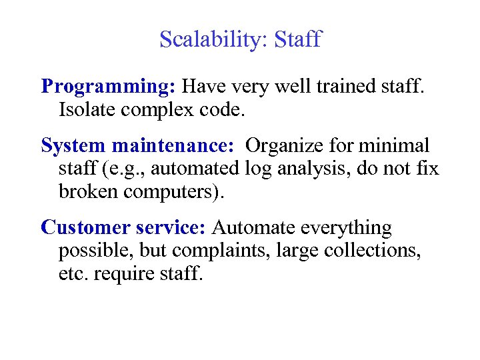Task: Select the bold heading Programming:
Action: [x=109, y=87]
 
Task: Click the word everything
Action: [x=347, y=227]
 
